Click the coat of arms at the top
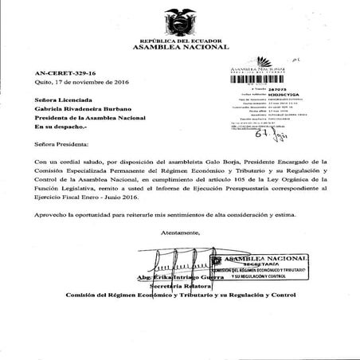point(181,19)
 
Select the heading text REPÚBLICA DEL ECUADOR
point(180,40)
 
